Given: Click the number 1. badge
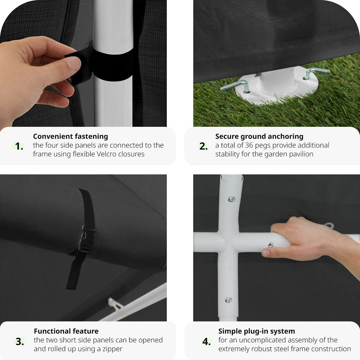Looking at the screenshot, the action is [x=19, y=146].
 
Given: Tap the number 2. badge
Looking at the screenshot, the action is [x=203, y=146].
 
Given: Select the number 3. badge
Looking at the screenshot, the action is [x=20, y=342].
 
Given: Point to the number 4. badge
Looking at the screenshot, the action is [x=206, y=342].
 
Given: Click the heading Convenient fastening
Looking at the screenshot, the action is [x=71, y=136].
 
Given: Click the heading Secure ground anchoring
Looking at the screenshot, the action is [x=259, y=136].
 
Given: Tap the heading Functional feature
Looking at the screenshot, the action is [x=66, y=331].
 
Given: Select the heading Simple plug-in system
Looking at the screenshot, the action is [x=256, y=331].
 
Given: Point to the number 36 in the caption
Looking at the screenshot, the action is [x=249, y=145].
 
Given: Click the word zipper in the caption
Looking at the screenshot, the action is [x=112, y=349].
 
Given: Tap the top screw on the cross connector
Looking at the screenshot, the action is [x=231, y=199].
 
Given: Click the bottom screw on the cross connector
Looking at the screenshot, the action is [x=229, y=300].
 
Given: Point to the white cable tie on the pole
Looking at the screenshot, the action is [x=116, y=306].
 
